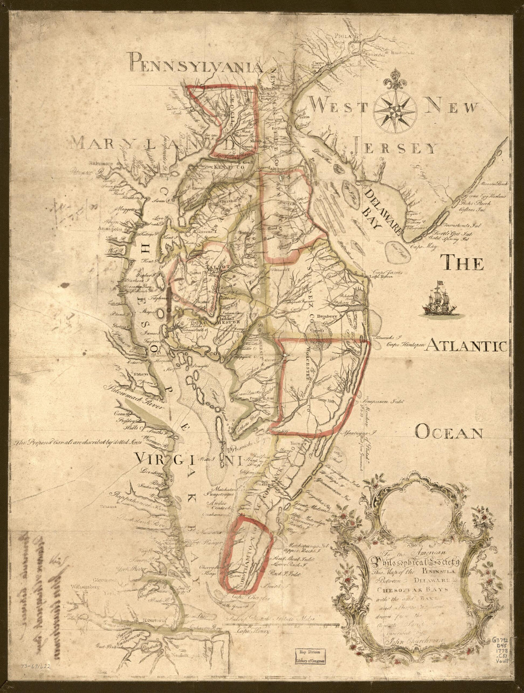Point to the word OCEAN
coord(449,432)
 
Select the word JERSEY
coord(394,148)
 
